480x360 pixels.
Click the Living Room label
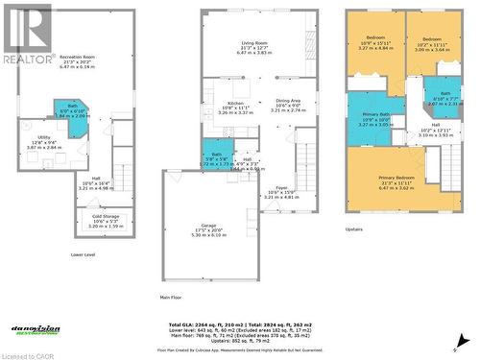point(254,45)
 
